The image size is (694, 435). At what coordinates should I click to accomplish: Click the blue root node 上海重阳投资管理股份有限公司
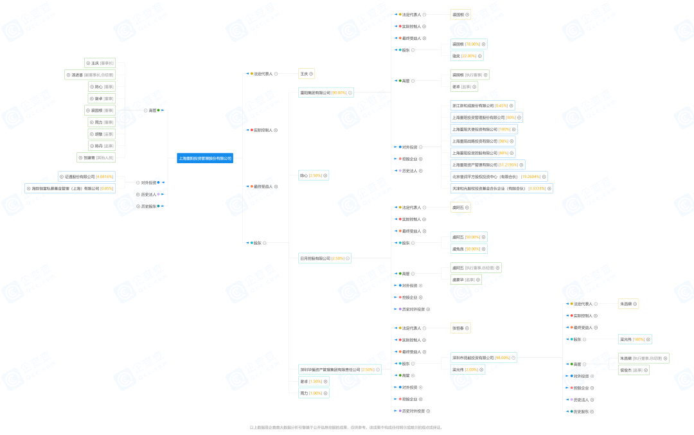[x=205, y=158]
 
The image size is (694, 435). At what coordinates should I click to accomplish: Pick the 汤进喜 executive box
[x=90, y=75]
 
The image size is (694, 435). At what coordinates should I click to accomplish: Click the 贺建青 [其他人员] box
[x=96, y=157]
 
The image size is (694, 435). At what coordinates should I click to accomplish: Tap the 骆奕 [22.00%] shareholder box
[x=467, y=56]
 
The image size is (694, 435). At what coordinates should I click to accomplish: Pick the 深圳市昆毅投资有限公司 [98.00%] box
[x=483, y=358]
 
